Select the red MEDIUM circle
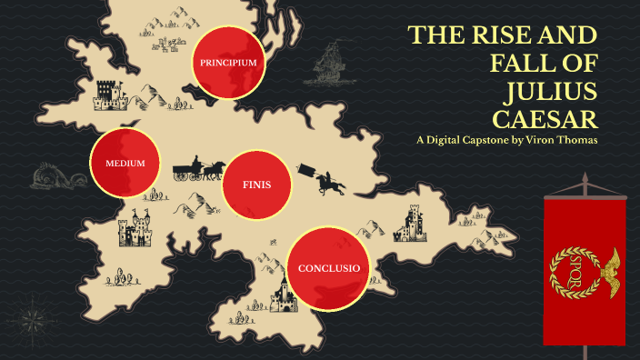[x=125, y=164]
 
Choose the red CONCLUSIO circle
[x=329, y=268]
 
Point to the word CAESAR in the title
[x=545, y=119]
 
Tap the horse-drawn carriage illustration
[x=199, y=166]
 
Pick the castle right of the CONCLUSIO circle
[x=412, y=223]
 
